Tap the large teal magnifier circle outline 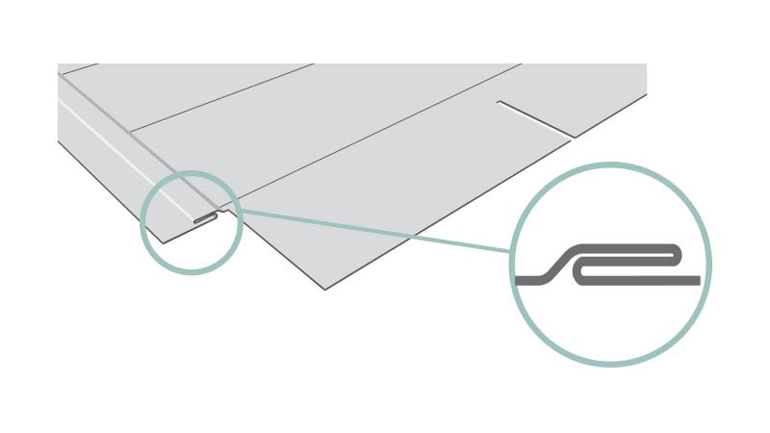pyautogui.click(x=519, y=231)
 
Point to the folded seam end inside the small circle pyautogui.click(x=203, y=219)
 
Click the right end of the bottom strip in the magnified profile pyautogui.click(x=695, y=280)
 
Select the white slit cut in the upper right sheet pyautogui.click(x=534, y=118)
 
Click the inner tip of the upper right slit pyautogui.click(x=498, y=101)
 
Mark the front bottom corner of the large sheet pyautogui.click(x=325, y=288)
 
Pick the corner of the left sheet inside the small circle pyautogui.click(x=165, y=242)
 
